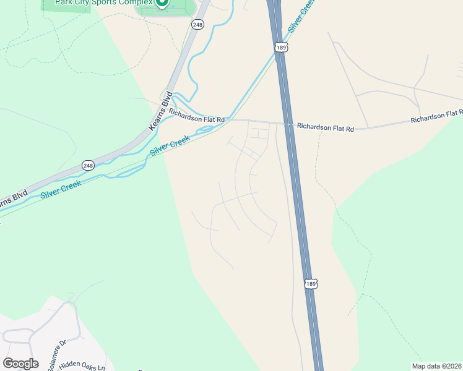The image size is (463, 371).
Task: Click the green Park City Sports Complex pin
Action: (162, 2)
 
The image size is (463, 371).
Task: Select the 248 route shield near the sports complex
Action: (197, 25)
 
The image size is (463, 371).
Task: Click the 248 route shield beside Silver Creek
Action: (88, 166)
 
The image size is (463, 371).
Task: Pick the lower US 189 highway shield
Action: (311, 283)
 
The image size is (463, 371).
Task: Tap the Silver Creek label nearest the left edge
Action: (61, 188)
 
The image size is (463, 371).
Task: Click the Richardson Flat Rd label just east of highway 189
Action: (325, 127)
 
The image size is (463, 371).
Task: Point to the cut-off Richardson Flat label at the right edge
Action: (436, 116)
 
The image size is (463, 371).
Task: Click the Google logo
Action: (20, 364)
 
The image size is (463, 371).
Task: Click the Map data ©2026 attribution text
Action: (437, 366)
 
